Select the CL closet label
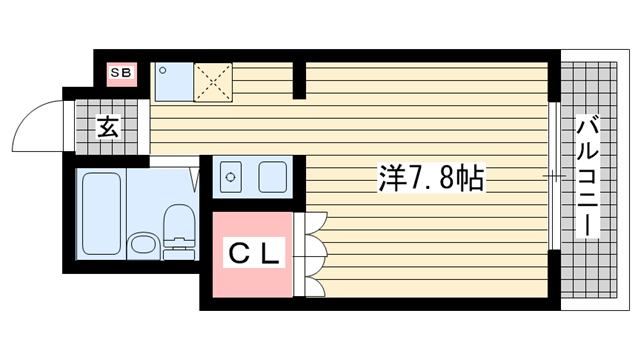coord(253,252)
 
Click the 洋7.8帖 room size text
coord(431,179)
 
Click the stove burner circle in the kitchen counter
coord(231,177)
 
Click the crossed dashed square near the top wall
coord(212,81)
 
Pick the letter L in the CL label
coord(271,252)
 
